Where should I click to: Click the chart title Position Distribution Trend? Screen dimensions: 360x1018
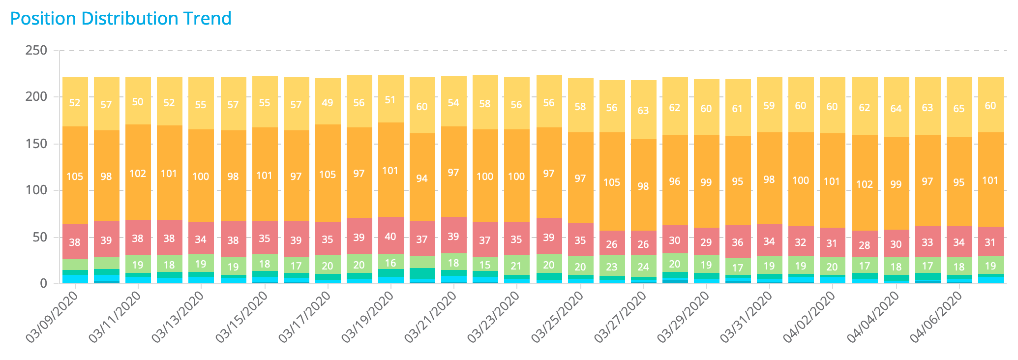(120, 19)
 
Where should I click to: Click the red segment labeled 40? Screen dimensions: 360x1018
(390, 236)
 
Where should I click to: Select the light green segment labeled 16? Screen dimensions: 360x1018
(390, 262)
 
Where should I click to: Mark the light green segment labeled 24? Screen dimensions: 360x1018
(643, 267)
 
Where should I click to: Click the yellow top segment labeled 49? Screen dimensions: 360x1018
(328, 102)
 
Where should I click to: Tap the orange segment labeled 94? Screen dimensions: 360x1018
(422, 178)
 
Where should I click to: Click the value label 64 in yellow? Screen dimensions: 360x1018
(896, 108)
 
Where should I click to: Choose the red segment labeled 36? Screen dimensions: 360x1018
(738, 242)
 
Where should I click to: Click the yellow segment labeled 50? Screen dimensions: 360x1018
(138, 101)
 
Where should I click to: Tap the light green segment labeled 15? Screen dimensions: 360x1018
(485, 265)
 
